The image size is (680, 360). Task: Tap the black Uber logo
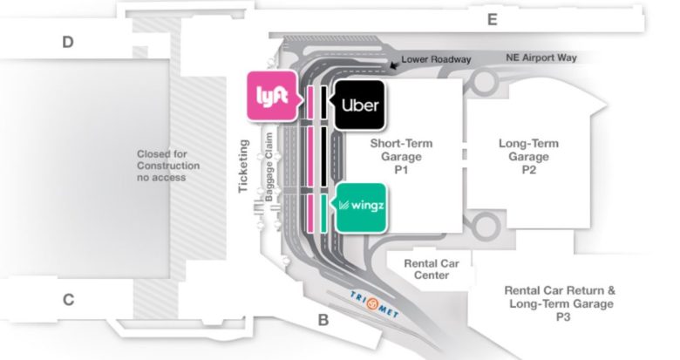tap(357, 105)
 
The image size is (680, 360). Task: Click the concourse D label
tap(67, 41)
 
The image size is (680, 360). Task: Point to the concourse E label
tap(492, 19)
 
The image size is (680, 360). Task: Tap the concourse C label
tap(67, 300)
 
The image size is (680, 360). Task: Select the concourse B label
tap(323, 320)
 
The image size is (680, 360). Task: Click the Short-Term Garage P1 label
tap(401, 157)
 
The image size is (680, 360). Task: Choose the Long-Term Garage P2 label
tap(528, 157)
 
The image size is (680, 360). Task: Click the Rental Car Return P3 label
tap(562, 304)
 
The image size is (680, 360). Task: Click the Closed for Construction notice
tap(168, 166)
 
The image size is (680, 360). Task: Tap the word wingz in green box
tap(366, 207)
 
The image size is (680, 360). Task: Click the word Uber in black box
tap(360, 105)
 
